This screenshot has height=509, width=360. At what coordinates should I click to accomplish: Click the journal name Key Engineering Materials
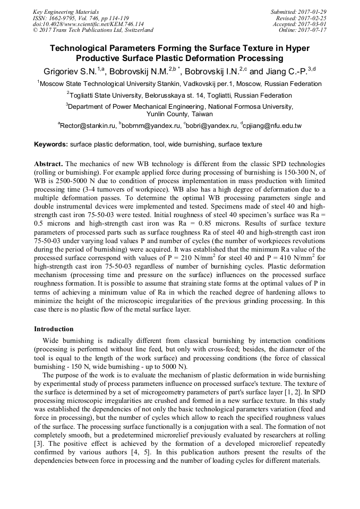[66, 12]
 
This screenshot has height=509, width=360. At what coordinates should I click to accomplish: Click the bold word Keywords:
[51, 144]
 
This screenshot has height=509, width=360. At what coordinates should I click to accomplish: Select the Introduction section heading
[54, 329]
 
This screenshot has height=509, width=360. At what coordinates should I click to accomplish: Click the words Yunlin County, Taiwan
[179, 114]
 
